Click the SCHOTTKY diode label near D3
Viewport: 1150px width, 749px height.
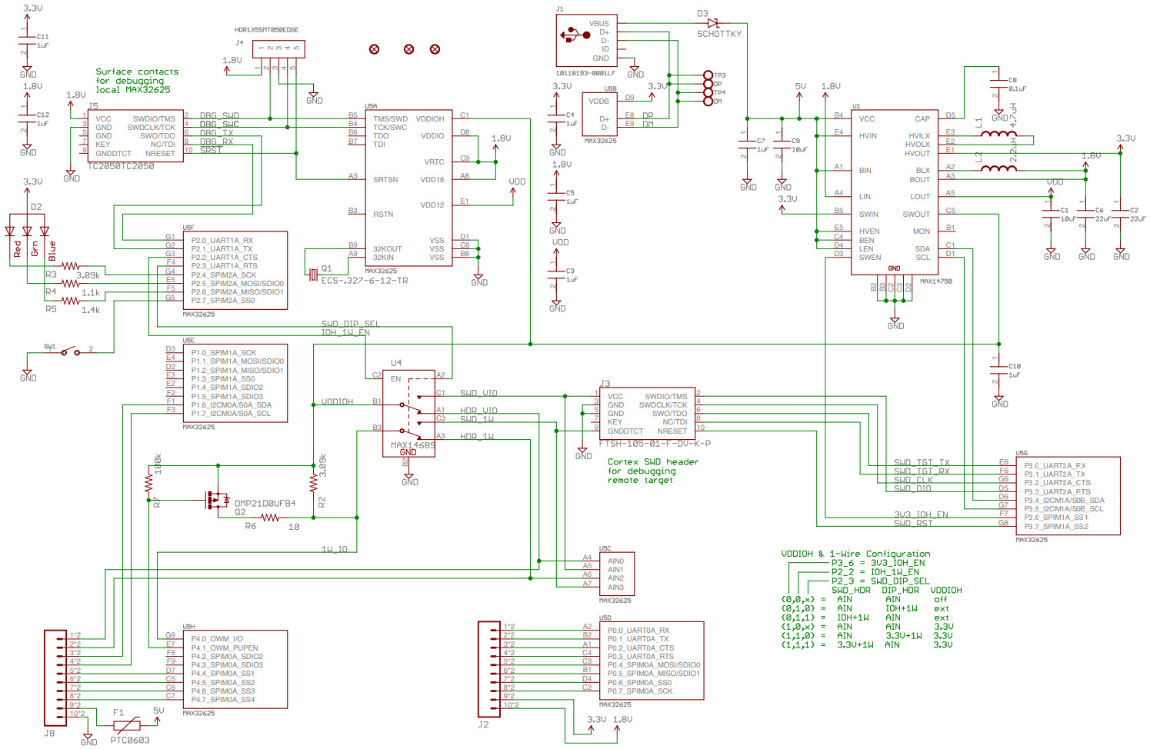pos(719,34)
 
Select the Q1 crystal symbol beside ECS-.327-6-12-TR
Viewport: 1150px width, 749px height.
pos(312,275)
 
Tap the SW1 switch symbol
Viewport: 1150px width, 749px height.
pos(70,351)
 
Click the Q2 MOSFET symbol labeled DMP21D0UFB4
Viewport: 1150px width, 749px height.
pos(216,500)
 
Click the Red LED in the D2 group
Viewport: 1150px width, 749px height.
pos(10,231)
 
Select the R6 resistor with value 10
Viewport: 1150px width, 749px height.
pos(271,518)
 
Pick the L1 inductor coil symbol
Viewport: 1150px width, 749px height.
pos(998,134)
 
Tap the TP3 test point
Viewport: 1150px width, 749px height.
pos(708,75)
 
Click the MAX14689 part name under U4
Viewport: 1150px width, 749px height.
pos(412,445)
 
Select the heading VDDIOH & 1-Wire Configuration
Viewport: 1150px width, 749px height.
pos(855,554)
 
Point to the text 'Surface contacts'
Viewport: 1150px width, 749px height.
pos(137,72)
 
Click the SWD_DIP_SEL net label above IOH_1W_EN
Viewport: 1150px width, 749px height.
pos(350,324)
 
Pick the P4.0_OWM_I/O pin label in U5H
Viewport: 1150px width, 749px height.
pos(217,638)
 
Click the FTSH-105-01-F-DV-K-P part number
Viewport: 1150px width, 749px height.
pos(655,444)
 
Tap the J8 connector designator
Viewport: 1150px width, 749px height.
pos(49,733)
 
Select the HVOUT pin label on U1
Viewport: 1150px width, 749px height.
pos(917,153)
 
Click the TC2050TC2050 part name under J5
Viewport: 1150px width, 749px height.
pos(121,166)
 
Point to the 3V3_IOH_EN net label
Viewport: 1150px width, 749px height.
pos(921,514)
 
